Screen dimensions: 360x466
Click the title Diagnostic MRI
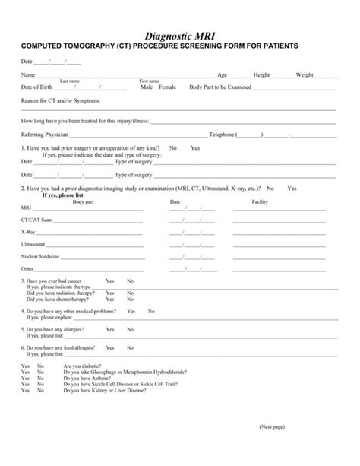click(x=180, y=34)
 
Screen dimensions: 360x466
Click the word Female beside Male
click(x=167, y=87)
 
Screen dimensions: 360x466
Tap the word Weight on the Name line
click(x=305, y=75)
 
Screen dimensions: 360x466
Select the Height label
click(x=262, y=75)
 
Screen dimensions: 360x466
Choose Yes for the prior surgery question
click(x=195, y=147)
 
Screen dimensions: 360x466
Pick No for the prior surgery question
click(x=173, y=147)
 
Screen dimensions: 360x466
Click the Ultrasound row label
click(x=33, y=243)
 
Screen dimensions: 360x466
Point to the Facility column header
click(x=260, y=201)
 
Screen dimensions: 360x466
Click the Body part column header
click(x=84, y=201)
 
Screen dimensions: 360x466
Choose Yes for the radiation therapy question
click(x=110, y=292)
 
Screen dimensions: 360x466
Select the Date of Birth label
click(x=37, y=87)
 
